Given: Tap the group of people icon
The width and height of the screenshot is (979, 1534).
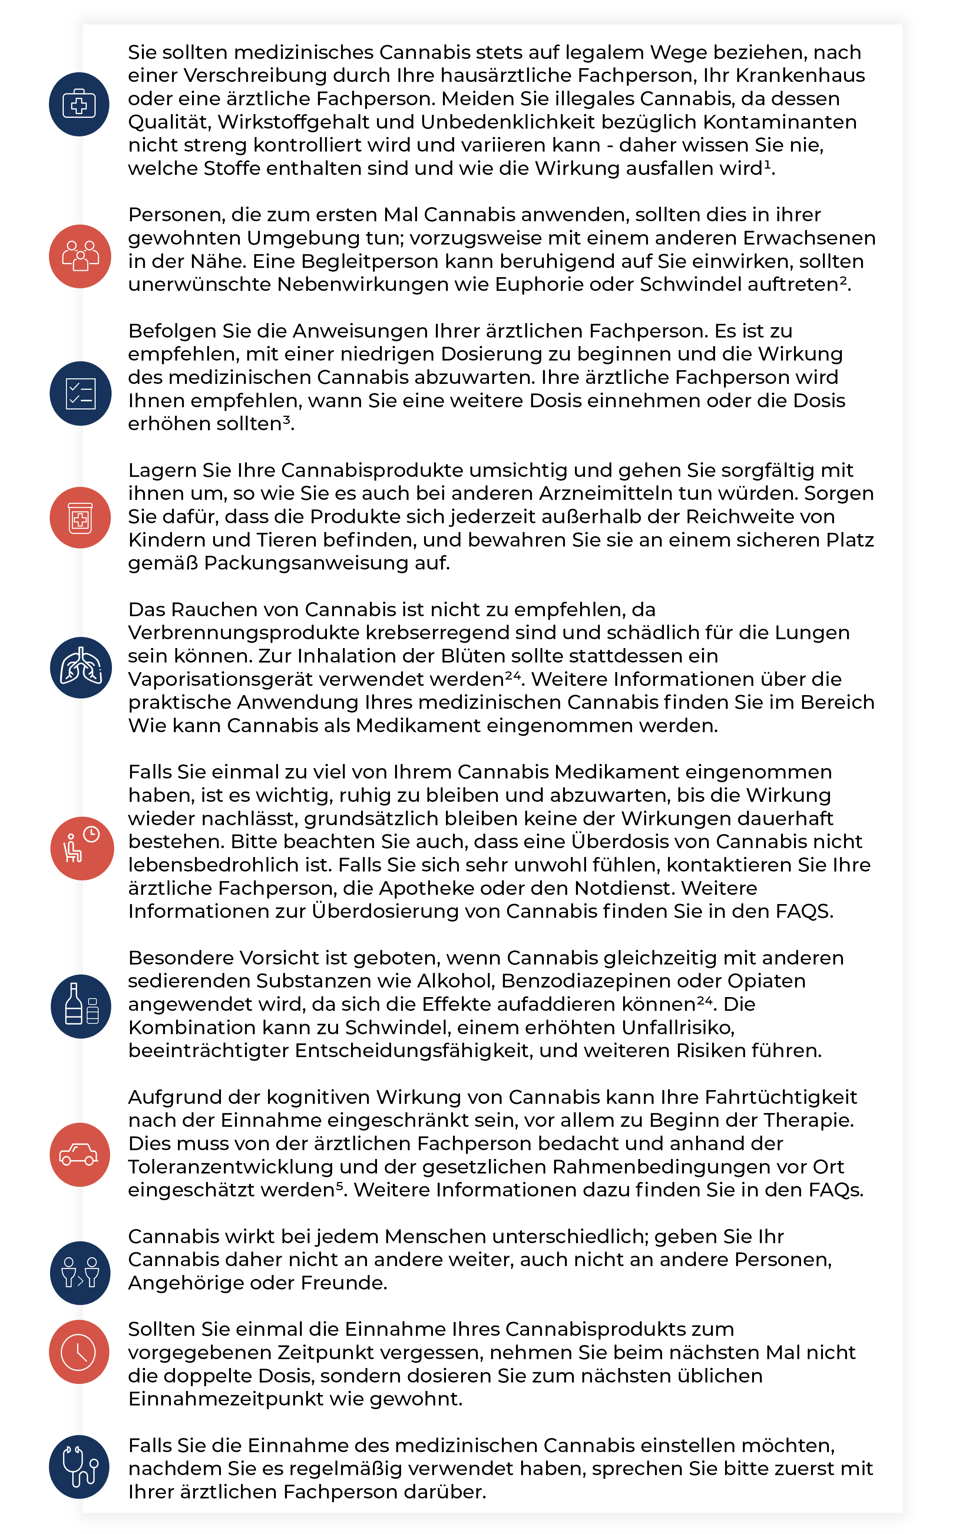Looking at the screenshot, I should [80, 256].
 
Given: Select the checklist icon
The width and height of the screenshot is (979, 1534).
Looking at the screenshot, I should [80, 393].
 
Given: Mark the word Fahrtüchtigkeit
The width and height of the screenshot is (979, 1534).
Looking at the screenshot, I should [781, 1097].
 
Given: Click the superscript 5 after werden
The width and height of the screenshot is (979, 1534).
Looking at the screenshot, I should [340, 1186].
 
